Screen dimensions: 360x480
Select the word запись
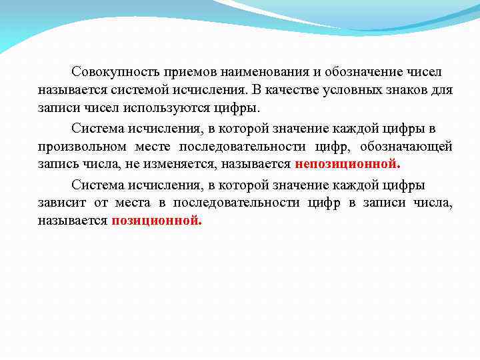point(57,164)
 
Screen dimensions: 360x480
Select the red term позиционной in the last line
point(156,221)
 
